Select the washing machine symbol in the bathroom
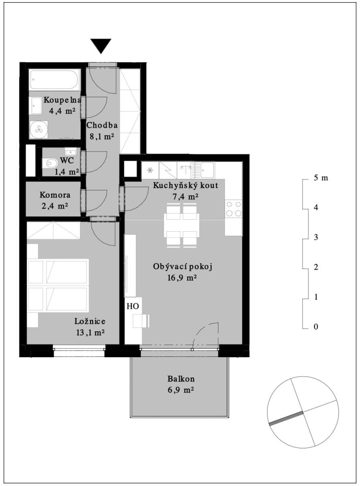pos(38,129)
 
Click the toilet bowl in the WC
pos(51,164)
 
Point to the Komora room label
pos(55,195)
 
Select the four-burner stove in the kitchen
pos(234,209)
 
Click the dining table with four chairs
pos(181,225)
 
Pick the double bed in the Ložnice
pos(58,286)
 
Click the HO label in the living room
pos(133,306)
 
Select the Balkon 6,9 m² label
pos(181,384)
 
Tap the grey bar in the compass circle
pos(286,418)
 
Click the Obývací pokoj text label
pos(183,266)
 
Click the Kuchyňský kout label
pos(185,186)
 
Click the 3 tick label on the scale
pos(316,237)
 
